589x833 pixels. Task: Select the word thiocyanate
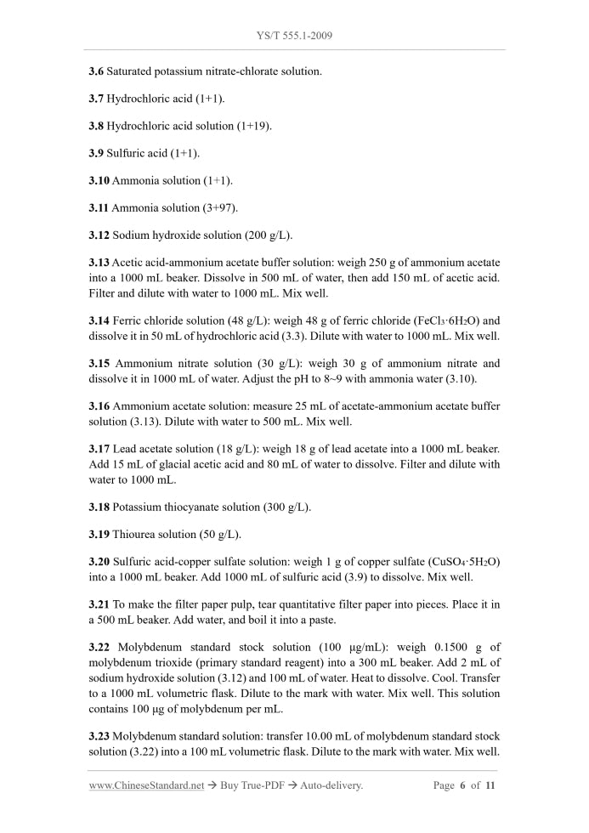189,507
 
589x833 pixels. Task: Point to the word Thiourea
133,535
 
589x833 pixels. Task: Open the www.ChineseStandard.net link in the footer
146,786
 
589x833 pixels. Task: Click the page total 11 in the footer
490,786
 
